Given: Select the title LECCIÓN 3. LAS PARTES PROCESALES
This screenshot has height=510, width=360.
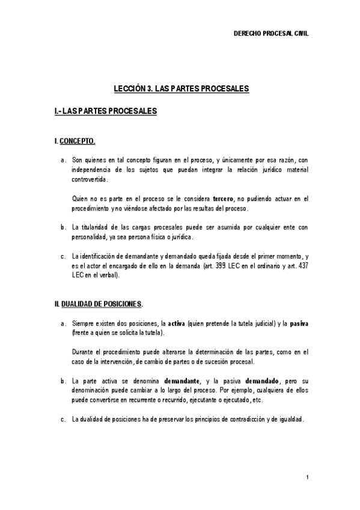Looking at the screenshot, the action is click(x=182, y=88).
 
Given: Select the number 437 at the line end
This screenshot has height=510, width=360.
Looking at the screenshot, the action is click(x=302, y=265).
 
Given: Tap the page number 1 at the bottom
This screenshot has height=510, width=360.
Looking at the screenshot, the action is click(x=307, y=478).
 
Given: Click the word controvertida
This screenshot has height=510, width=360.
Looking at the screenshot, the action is click(x=90, y=179).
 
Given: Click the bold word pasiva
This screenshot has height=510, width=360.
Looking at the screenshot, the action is click(x=299, y=323).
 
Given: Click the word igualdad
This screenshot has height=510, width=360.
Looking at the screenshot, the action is click(x=290, y=419).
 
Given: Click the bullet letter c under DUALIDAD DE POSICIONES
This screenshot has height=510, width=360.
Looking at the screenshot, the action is click(x=63, y=419).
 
